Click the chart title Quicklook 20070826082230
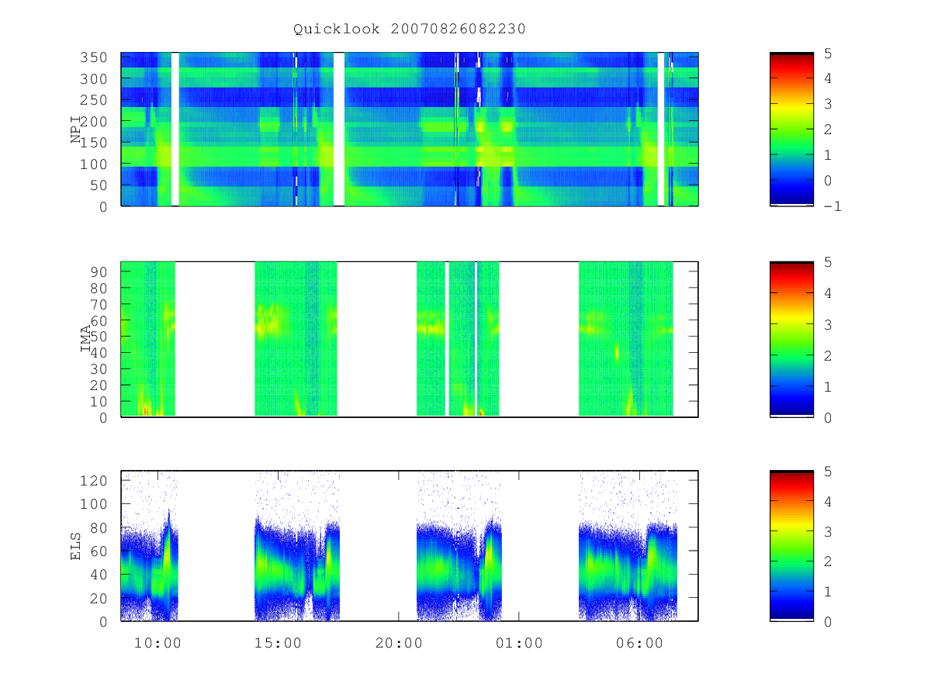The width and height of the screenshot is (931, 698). tap(410, 29)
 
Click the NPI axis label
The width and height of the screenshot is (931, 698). tap(75, 130)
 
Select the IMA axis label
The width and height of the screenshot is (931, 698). tap(85, 339)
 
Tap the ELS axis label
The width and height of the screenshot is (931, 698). tap(75, 546)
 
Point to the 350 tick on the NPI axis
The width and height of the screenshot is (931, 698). tap(93, 57)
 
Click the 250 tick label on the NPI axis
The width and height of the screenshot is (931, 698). tap(93, 100)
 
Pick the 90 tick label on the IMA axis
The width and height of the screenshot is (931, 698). tap(99, 272)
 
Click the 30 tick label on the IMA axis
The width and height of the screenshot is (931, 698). tap(99, 369)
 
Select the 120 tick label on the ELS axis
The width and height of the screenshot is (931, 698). tap(93, 481)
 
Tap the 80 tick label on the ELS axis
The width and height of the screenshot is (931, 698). tap(99, 528)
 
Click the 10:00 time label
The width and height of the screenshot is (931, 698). tap(157, 643)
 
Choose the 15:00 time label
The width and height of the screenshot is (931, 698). tap(278, 643)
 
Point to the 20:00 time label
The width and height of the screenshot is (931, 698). tap(399, 643)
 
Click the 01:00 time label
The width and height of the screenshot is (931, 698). tap(519, 643)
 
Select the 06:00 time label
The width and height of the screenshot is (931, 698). tap(639, 643)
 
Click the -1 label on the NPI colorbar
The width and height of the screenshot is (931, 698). tap(832, 206)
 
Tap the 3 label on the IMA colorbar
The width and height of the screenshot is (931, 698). tap(828, 325)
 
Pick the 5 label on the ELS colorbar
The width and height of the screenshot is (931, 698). tap(828, 472)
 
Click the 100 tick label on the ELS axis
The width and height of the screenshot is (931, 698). tap(93, 504)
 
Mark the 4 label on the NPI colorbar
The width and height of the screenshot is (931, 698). tap(828, 78)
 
